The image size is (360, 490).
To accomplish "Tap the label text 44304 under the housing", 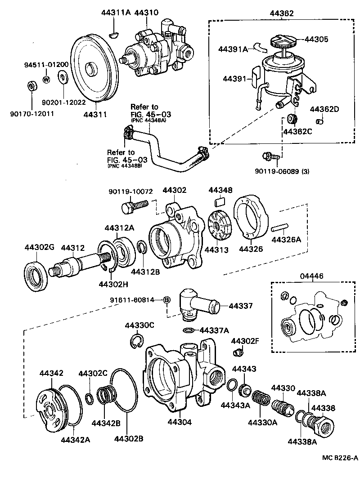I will [x=180, y=423].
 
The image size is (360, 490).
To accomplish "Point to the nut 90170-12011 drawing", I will [x=32, y=85].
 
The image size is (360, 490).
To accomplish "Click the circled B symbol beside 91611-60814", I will [x=166, y=300].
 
